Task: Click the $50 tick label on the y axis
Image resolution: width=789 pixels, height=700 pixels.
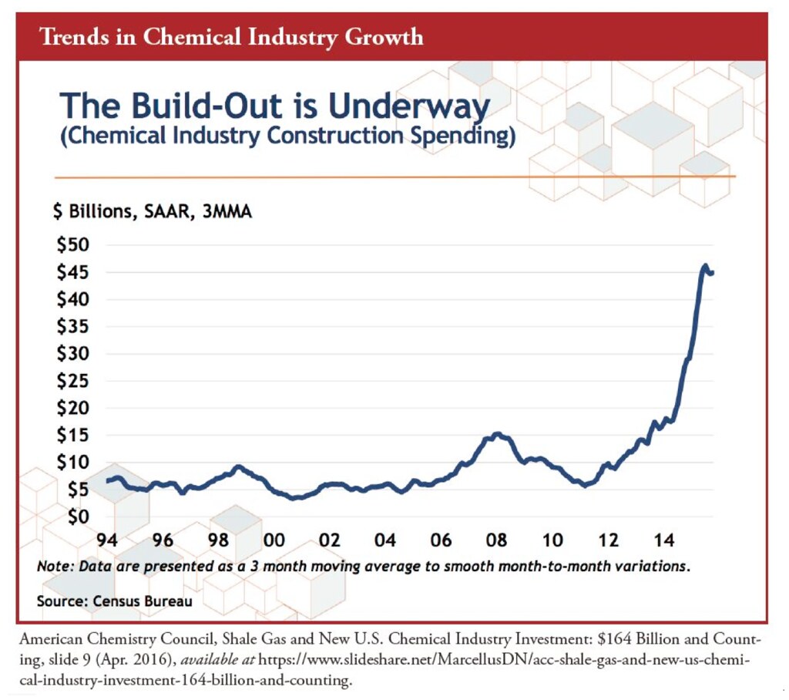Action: (x=73, y=244)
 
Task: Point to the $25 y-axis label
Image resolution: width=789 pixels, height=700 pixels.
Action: (x=73, y=381)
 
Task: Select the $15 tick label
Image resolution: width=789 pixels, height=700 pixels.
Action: (x=73, y=435)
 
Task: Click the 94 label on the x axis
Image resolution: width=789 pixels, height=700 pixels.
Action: (x=107, y=540)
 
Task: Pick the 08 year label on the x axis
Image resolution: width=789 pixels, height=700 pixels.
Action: (x=497, y=540)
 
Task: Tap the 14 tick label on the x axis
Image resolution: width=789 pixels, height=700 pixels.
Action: (x=663, y=540)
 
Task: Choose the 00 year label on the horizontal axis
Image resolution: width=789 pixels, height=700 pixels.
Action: (x=274, y=540)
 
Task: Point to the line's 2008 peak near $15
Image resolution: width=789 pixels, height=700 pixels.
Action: (x=498, y=433)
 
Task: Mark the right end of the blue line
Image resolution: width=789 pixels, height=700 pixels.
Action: (x=712, y=273)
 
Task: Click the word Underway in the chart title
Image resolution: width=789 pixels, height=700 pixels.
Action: (x=409, y=106)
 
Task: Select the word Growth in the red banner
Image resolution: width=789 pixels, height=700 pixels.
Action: (x=384, y=37)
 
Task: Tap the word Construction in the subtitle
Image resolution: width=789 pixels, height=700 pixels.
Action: (x=335, y=136)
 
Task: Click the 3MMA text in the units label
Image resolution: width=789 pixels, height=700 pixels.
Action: (x=227, y=211)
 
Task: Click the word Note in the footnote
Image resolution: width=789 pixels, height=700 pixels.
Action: (x=55, y=566)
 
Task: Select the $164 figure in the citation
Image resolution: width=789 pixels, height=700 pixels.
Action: (x=614, y=638)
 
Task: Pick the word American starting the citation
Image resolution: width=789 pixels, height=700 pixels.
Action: (x=51, y=639)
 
